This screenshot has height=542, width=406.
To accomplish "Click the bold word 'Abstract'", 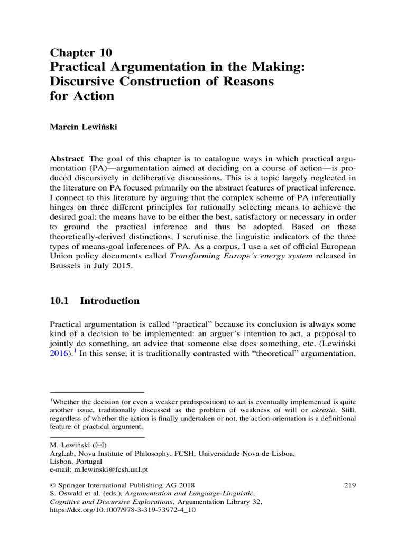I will pyautogui.click(x=67, y=159).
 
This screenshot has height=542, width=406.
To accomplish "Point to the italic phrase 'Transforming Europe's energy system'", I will pyautogui.click(x=230, y=257).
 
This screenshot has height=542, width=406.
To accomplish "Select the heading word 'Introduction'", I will pyautogui.click(x=110, y=301).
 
